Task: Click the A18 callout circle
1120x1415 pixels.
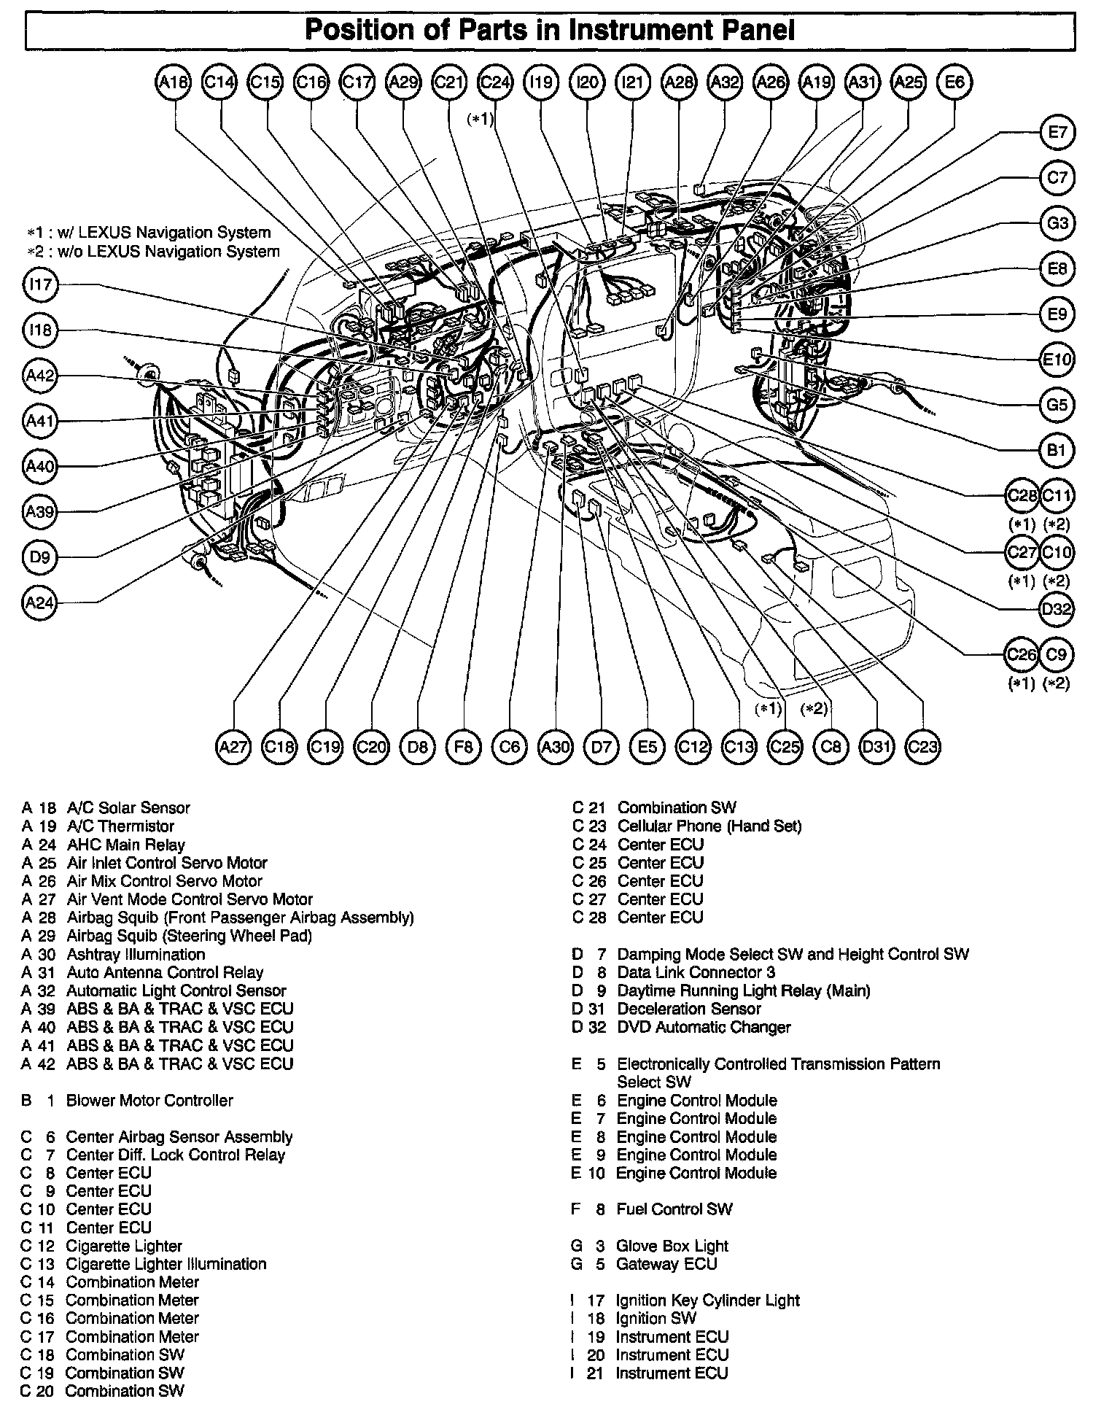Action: [174, 82]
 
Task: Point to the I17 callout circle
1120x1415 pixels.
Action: [40, 284]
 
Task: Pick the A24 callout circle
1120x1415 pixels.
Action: [40, 602]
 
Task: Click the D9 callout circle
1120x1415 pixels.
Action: [40, 557]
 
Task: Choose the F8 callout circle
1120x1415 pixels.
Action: [464, 747]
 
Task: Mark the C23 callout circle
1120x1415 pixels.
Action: [922, 747]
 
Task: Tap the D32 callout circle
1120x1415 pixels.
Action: [1057, 608]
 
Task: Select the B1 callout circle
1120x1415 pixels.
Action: [1057, 450]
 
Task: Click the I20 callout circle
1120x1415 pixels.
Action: [587, 82]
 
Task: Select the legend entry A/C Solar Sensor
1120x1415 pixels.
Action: [128, 808]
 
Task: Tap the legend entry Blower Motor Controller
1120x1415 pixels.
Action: [149, 1101]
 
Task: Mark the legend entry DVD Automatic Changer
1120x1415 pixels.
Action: [704, 1028]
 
